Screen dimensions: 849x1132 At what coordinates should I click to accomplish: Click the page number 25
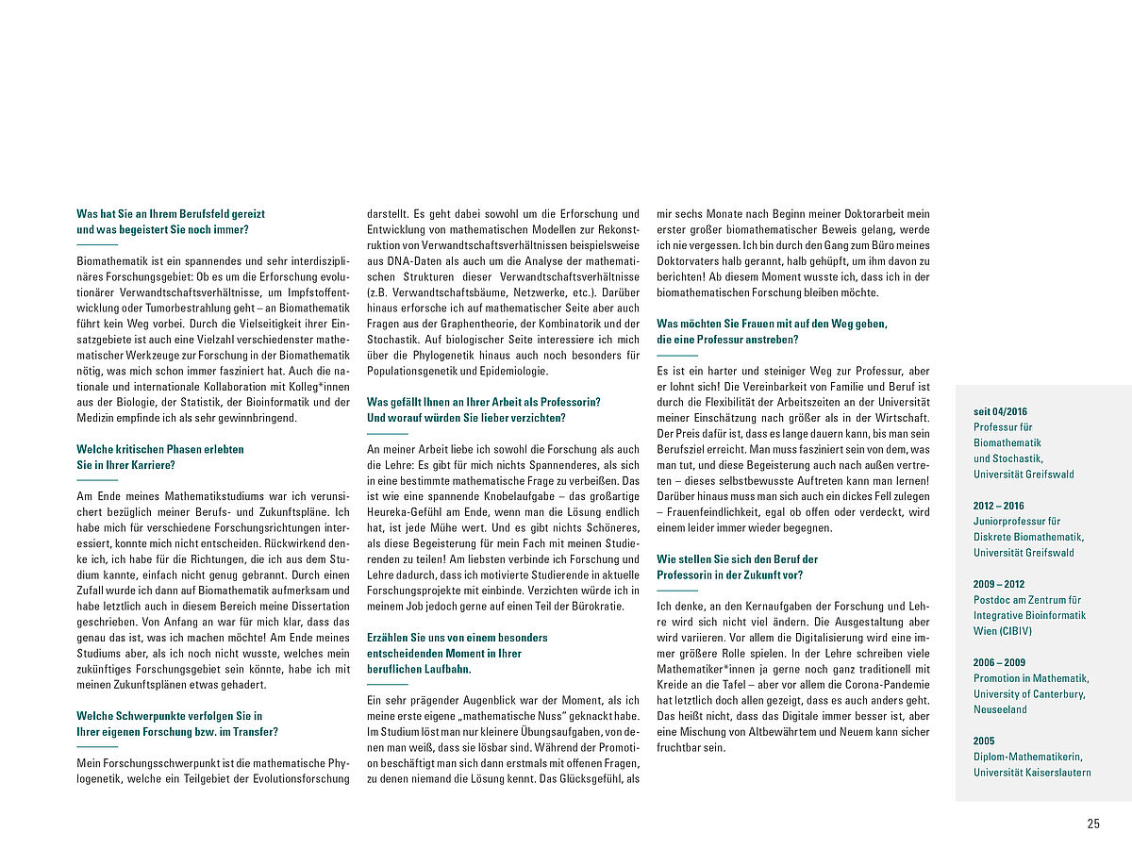pyautogui.click(x=1093, y=824)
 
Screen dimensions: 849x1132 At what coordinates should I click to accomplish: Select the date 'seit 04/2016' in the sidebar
pyautogui.click(x=1000, y=411)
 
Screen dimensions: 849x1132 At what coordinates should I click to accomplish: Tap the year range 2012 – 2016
pyautogui.click(x=998, y=506)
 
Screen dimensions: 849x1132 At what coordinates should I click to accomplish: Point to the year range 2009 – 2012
pyautogui.click(x=998, y=584)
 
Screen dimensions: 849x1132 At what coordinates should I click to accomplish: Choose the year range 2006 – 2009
pyautogui.click(x=998, y=662)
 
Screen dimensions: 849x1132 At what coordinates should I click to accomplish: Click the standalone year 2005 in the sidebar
pyautogui.click(x=984, y=741)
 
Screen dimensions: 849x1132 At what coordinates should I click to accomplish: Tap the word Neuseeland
pyautogui.click(x=1001, y=709)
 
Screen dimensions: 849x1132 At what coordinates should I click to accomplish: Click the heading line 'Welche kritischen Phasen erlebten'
pyautogui.click(x=160, y=449)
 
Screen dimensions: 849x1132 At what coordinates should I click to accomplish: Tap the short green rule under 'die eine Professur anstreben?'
pyautogui.click(x=676, y=355)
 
